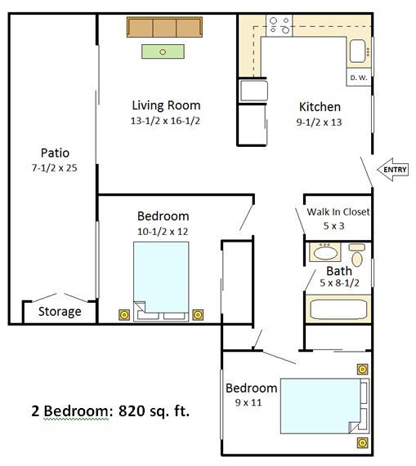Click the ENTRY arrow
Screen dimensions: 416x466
tap(392, 170)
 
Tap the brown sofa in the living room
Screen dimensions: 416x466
tap(164, 27)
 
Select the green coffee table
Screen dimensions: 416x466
tap(163, 51)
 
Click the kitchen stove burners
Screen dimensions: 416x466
tap(280, 25)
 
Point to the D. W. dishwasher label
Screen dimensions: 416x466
tap(359, 78)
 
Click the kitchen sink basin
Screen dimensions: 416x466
tap(357, 51)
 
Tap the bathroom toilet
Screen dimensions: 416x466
tap(357, 255)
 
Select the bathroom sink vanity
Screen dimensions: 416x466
tap(325, 252)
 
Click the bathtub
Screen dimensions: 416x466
tap(338, 309)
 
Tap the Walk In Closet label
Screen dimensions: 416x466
tap(338, 211)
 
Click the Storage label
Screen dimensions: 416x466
tap(60, 312)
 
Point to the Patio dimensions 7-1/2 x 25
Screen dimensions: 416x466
tap(55, 168)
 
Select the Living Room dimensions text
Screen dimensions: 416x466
tap(165, 121)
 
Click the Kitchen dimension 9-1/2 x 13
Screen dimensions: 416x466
tap(319, 122)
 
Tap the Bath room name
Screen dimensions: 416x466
tap(339, 271)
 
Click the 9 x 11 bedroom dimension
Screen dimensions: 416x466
tap(248, 402)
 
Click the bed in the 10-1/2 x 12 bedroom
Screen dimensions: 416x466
tap(161, 282)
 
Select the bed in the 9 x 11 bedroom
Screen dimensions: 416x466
tap(324, 406)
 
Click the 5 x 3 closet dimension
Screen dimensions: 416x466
tap(334, 226)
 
